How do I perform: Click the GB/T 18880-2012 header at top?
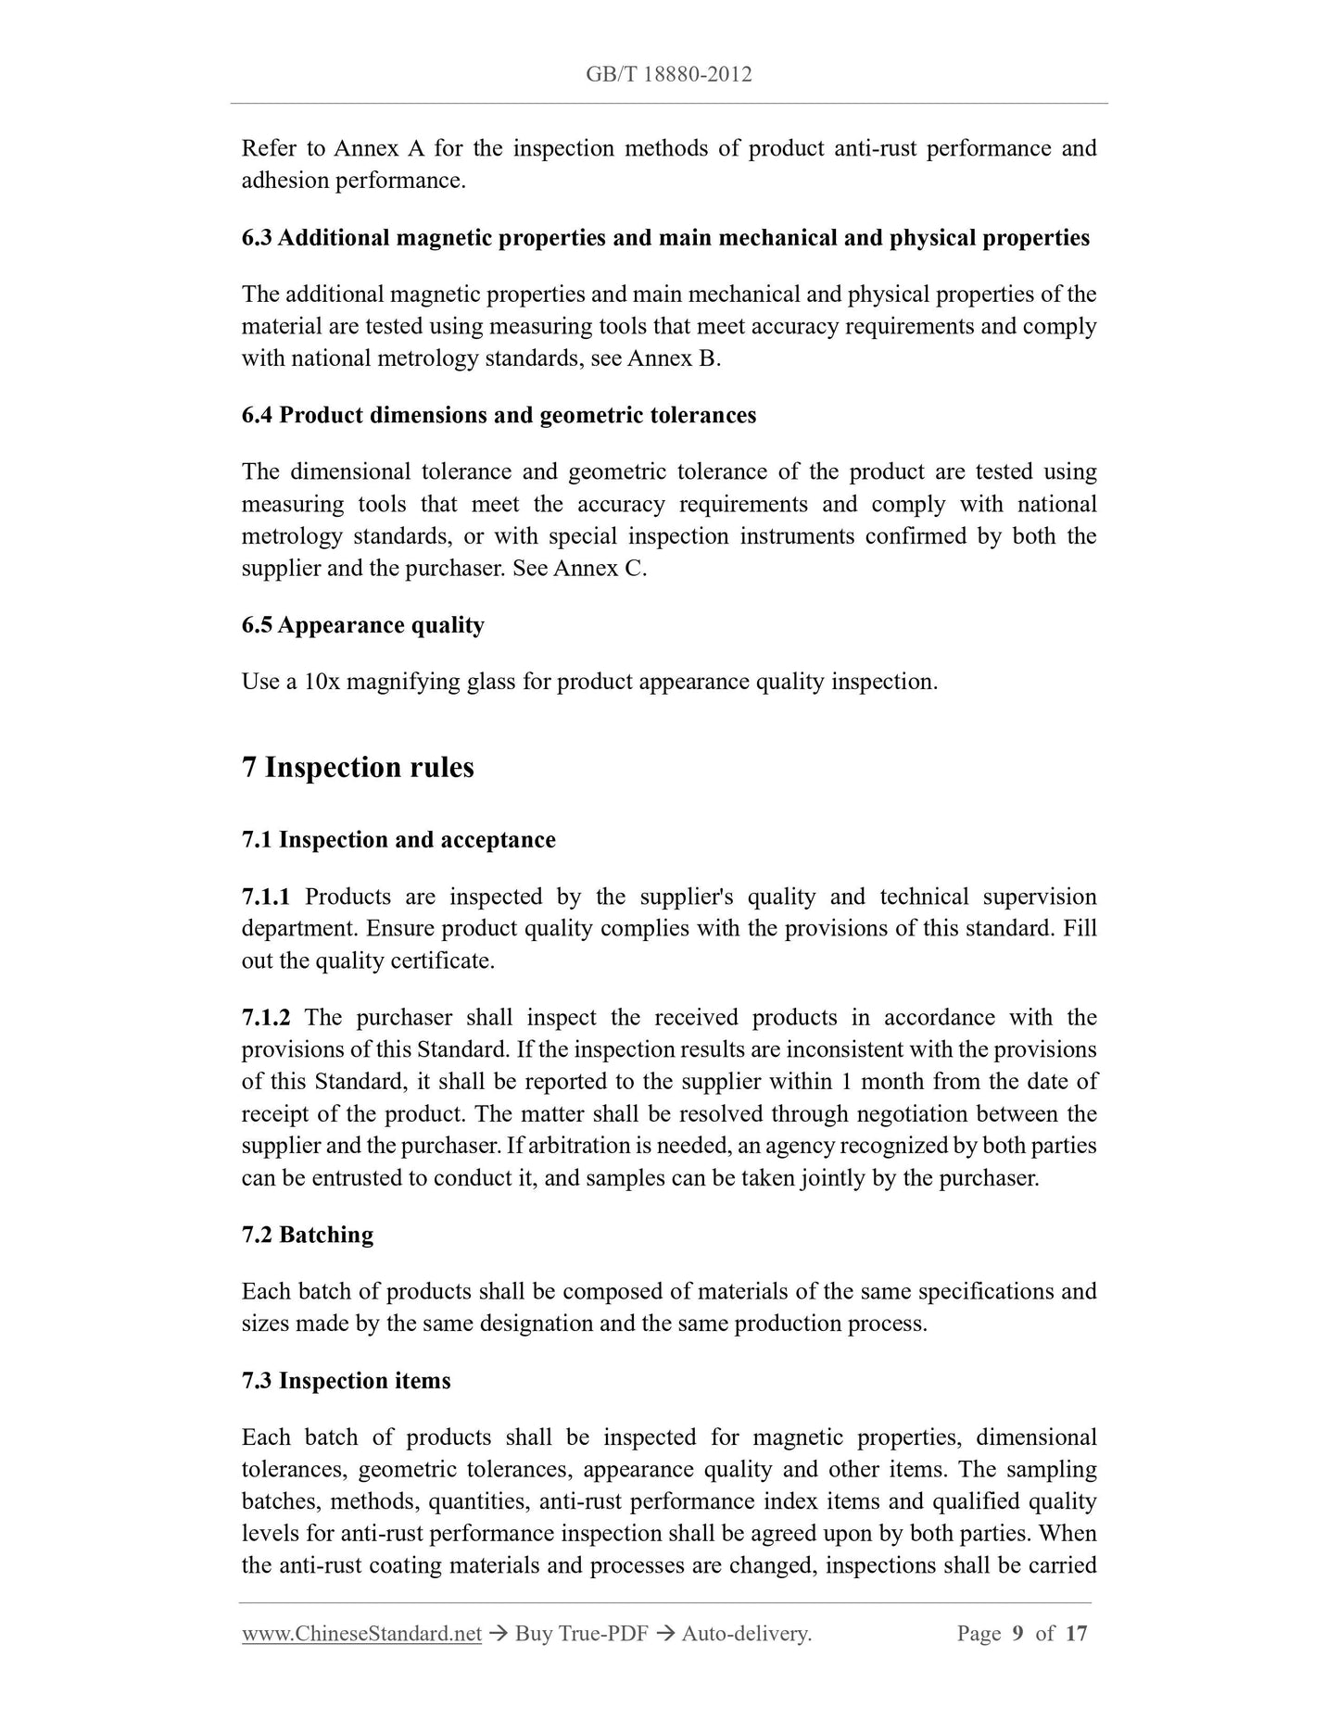(x=668, y=74)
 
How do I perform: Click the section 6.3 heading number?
(x=256, y=238)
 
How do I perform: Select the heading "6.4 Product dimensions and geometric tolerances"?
(x=499, y=415)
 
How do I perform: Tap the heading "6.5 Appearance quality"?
(x=362, y=625)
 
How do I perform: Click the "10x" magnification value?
(x=321, y=682)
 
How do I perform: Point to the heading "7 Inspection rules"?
(x=358, y=767)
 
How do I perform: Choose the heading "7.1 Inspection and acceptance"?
(x=398, y=840)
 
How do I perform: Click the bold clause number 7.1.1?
(x=266, y=897)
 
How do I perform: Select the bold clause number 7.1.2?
(x=266, y=1017)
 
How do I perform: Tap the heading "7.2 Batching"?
(x=308, y=1235)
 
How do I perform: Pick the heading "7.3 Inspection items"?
(x=346, y=1381)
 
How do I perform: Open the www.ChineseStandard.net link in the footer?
(x=361, y=1633)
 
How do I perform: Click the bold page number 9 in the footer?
(x=1017, y=1633)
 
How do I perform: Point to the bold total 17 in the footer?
(x=1076, y=1633)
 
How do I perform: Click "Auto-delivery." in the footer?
(x=746, y=1633)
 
